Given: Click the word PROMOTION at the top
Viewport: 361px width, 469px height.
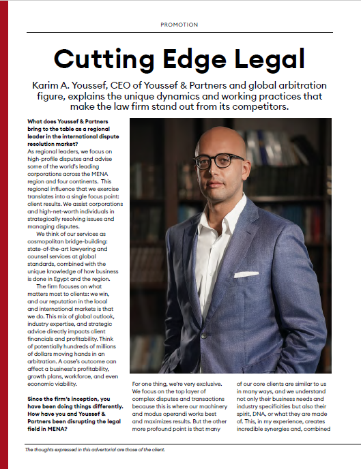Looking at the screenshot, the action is pyautogui.click(x=179, y=25).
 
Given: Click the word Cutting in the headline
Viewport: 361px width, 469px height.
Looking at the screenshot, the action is pyautogui.click(x=103, y=59).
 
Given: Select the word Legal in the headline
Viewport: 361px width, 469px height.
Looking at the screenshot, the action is pyautogui.click(x=271, y=59).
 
